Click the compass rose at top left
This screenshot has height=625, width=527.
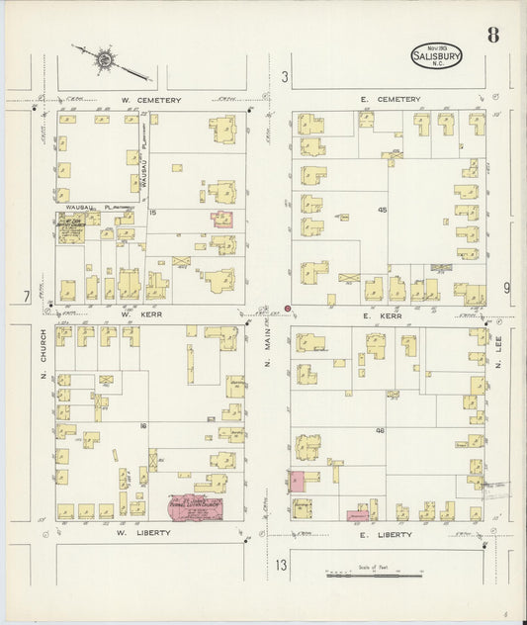tap(103, 62)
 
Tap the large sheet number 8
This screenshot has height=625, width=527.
tap(492, 37)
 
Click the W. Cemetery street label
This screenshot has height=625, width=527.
tap(146, 99)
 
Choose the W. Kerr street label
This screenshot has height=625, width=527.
tap(146, 315)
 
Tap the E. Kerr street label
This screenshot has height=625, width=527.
tap(380, 315)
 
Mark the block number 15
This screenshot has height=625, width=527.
tap(152, 213)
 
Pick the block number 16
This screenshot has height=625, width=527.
tap(144, 425)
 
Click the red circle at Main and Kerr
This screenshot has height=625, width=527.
tap(288, 309)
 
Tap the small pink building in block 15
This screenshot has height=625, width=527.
tap(221, 219)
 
